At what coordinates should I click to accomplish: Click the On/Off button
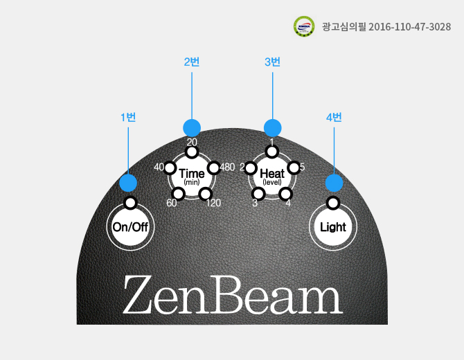130,227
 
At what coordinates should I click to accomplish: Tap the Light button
333,227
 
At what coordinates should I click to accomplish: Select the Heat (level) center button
272,177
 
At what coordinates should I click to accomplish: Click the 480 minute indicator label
227,167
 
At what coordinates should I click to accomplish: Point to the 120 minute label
213,203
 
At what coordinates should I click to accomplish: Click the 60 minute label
172,203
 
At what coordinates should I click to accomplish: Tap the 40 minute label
159,167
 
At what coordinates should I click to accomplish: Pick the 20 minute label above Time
192,143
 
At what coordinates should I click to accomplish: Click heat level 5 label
302,167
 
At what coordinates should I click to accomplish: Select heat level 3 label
255,203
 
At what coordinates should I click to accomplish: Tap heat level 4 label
288,203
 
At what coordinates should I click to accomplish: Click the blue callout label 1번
128,118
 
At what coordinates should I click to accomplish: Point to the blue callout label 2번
192,62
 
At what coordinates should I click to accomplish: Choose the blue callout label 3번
272,62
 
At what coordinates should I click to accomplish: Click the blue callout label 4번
334,118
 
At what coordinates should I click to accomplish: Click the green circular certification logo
304,26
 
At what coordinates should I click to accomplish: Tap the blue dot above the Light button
334,183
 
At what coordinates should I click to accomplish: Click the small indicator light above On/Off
130,203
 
